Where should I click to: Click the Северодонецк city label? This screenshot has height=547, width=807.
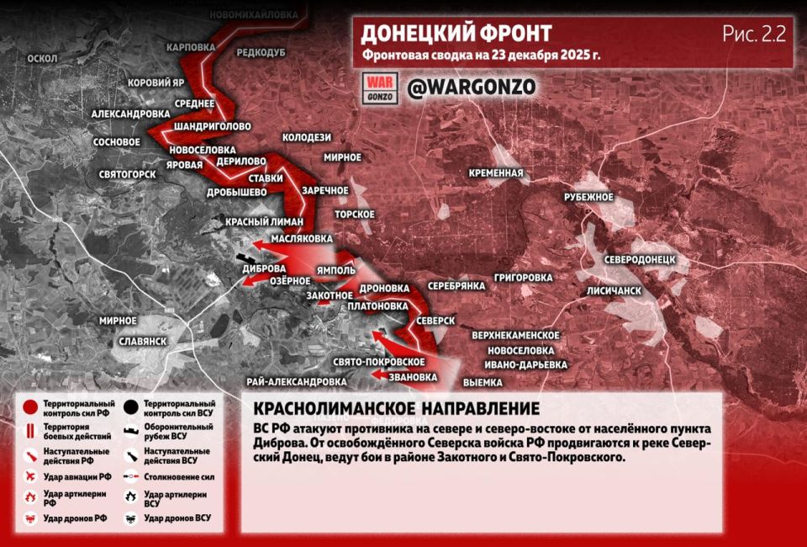click(x=640, y=260)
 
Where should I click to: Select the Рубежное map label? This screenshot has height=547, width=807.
click(x=588, y=197)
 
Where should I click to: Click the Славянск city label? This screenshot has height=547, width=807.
click(x=143, y=341)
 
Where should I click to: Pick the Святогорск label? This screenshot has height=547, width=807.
click(x=127, y=174)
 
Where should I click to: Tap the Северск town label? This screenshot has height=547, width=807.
click(x=435, y=322)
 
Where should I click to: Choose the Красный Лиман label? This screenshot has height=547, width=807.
click(x=257, y=221)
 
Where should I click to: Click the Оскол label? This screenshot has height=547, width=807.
click(x=42, y=58)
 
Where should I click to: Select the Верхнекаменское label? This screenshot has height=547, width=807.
click(x=515, y=335)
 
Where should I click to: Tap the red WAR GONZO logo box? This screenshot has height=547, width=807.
click(x=379, y=87)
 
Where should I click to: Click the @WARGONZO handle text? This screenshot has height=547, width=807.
click(x=471, y=87)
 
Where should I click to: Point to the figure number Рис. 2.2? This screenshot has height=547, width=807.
click(x=752, y=35)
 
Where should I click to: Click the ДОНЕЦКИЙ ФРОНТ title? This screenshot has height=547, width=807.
click(x=456, y=34)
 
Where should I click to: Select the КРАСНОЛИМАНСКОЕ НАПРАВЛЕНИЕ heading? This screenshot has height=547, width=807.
click(x=396, y=409)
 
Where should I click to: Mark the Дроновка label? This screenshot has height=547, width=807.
click(x=383, y=288)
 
